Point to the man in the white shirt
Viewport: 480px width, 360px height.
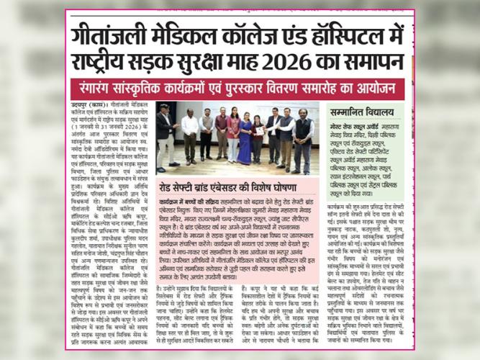(191, 134)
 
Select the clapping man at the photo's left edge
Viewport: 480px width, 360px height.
(166, 133)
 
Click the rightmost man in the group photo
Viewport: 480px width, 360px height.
(302, 137)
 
